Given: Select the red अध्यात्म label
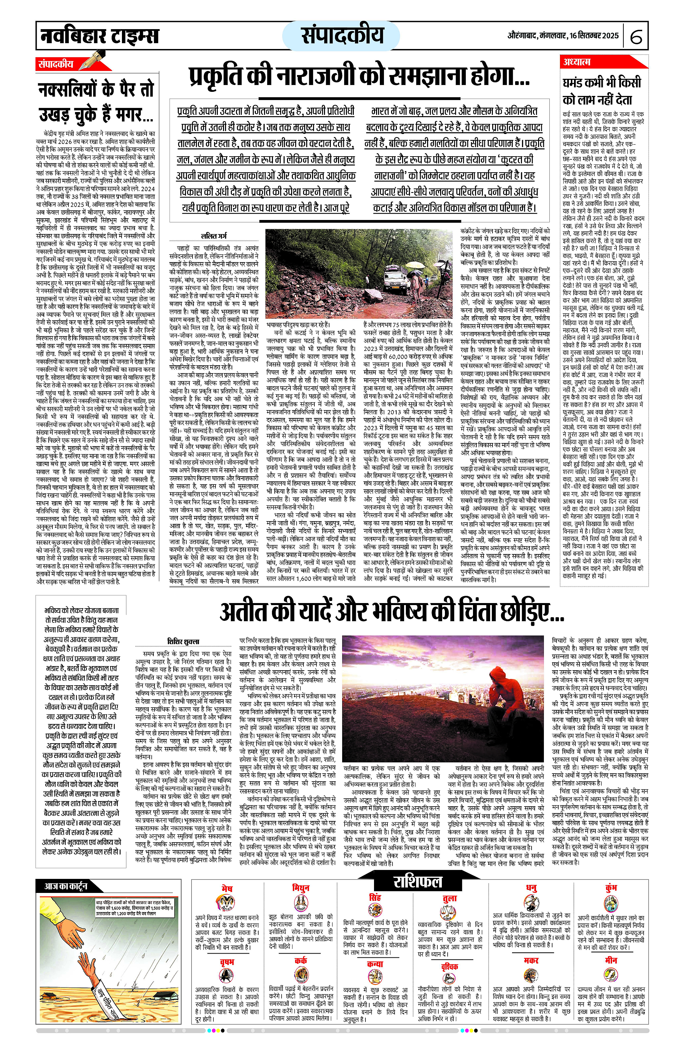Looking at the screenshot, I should [577, 62].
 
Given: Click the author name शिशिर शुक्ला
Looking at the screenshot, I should [184, 641].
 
